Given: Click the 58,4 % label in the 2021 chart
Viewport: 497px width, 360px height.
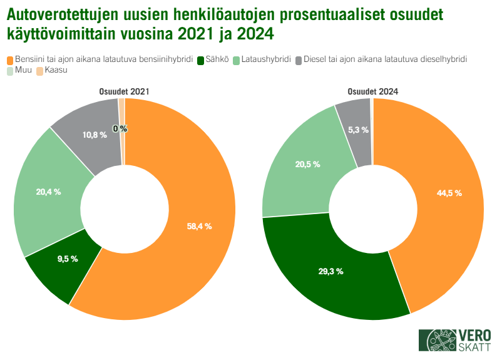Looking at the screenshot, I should click(199, 226).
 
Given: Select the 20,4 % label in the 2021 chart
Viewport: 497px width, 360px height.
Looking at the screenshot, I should click(48, 192).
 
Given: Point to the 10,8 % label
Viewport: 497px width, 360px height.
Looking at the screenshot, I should click(94, 135).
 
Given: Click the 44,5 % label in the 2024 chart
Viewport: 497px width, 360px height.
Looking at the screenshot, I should click(449, 193).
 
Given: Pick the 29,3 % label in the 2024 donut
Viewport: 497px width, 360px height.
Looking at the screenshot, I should click(330, 271).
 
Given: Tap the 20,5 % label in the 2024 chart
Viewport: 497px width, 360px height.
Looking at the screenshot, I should click(307, 164).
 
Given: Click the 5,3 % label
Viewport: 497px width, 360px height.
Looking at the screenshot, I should click(357, 130).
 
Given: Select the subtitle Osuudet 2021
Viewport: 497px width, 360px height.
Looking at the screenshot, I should click(124, 91).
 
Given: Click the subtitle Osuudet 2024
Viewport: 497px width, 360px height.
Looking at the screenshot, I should click(373, 91).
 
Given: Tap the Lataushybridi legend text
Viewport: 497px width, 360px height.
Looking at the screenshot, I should click(266, 59).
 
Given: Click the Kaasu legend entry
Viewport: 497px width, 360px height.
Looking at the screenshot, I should click(56, 71).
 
